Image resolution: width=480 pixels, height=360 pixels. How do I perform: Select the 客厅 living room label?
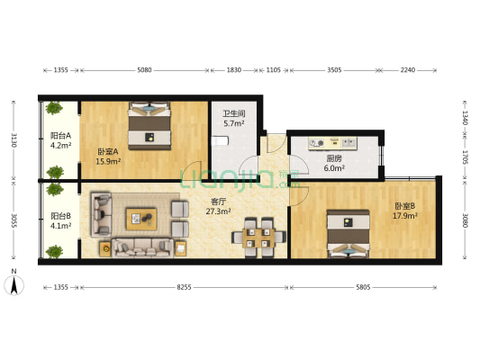click(218, 202)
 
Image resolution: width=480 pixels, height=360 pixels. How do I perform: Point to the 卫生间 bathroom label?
click(234, 113)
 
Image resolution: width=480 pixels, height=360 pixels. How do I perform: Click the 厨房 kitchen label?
click(333, 157)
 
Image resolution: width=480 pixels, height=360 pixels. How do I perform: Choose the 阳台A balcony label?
click(60, 135)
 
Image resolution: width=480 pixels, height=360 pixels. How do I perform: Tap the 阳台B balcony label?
click(60, 216)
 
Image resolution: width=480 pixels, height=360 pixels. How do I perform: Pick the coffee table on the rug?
click(141, 217)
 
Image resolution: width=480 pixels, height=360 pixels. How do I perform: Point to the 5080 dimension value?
click(149, 68)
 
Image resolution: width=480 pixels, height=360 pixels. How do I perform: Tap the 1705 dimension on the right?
click(465, 157)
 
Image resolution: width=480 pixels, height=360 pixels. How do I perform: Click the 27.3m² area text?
click(218, 211)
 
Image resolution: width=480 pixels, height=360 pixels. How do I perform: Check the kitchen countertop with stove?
click(333, 142)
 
